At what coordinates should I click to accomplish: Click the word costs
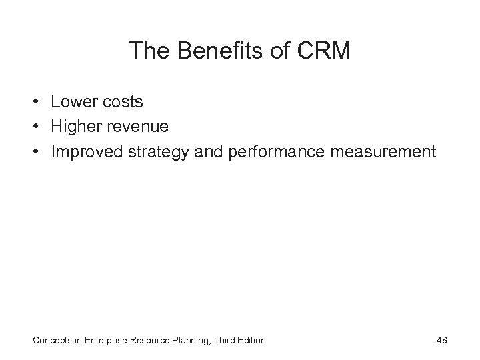[124, 103]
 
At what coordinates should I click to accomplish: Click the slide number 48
[441, 341]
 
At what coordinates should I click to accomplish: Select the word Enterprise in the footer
[103, 341]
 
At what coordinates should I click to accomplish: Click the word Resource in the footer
[149, 341]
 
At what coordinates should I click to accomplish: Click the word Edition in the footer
[251, 341]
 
